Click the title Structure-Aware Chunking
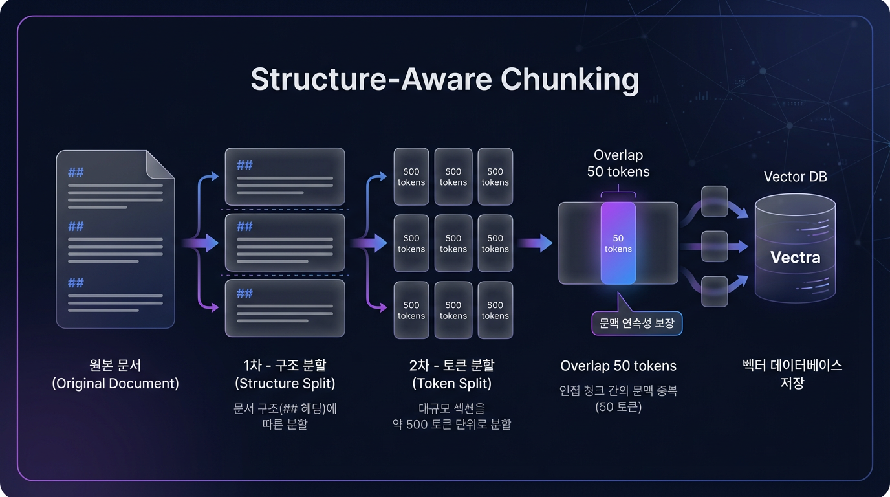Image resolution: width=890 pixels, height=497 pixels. coord(444,80)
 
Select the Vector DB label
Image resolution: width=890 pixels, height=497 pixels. coord(795,177)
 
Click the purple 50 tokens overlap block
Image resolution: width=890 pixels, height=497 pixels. coord(618,243)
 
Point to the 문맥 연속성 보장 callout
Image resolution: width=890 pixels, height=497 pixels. coord(636,323)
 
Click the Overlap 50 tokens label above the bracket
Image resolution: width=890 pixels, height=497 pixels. coord(618,164)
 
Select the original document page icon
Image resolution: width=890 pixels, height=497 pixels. coord(115,239)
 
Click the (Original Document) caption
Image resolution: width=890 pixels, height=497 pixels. coord(115,383)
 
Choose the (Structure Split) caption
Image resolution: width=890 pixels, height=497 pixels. coord(285,383)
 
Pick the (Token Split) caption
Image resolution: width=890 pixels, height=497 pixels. coord(451,383)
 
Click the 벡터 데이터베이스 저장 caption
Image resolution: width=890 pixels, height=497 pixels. coord(792,373)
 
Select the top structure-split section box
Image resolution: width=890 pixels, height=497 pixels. coord(285,177)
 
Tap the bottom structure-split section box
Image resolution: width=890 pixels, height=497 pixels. coord(285,308)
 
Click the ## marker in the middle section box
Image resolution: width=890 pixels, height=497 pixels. coord(244,226)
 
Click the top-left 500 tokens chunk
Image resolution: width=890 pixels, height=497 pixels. coord(411,177)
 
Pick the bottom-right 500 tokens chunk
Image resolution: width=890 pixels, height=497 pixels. coord(495,310)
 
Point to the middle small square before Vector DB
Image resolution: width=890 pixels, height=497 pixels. coord(714,246)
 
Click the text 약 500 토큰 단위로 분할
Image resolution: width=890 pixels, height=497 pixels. coord(451,425)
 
